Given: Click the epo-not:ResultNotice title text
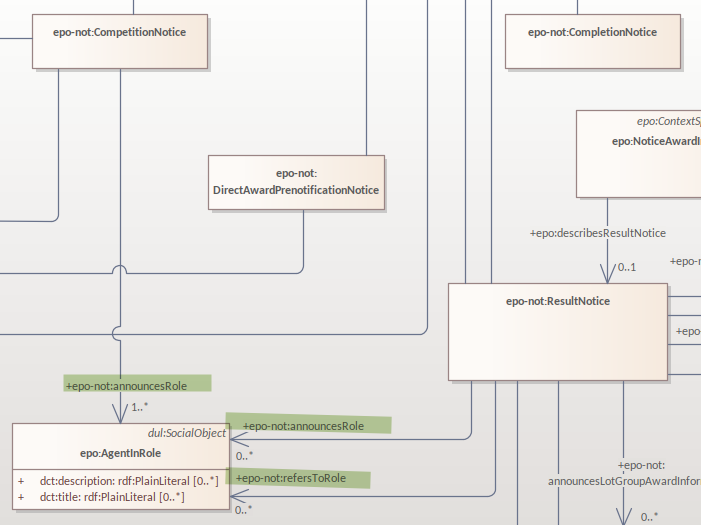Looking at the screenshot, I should (557, 300).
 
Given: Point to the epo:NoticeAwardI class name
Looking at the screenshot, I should (655, 141).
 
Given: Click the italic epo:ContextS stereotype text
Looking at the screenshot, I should (668, 121).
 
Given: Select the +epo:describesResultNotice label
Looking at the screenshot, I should (597, 233).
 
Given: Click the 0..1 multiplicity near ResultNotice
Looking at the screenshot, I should (627, 267).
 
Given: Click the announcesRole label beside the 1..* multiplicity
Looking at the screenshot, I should (137, 384).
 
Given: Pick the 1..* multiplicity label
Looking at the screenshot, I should (139, 408).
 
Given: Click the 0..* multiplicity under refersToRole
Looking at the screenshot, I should (243, 510).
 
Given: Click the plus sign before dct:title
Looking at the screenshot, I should (20, 496).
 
